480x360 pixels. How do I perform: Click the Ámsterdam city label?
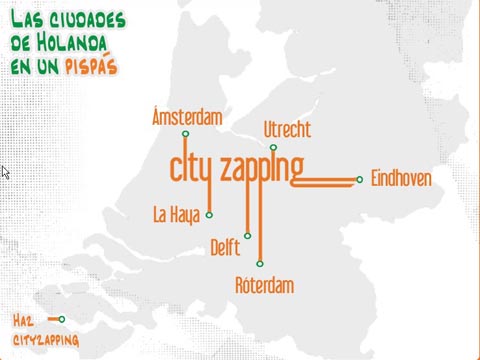click(x=186, y=117)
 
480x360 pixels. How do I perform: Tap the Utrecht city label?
click(x=287, y=130)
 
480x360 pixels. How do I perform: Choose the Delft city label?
click(x=226, y=248)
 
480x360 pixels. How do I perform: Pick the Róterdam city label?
click(x=264, y=286)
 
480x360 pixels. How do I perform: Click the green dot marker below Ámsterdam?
click(x=186, y=134)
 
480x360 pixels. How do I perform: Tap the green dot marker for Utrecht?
click(x=273, y=147)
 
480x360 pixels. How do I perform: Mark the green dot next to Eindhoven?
click(x=359, y=180)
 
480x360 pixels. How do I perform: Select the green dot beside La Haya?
click(x=209, y=214)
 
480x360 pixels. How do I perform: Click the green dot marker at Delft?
click(x=247, y=236)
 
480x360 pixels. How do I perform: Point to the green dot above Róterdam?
click(x=259, y=264)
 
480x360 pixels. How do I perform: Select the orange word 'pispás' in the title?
click(x=91, y=66)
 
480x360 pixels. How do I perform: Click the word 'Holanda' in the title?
click(x=79, y=43)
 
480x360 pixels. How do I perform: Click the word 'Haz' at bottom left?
click(x=24, y=320)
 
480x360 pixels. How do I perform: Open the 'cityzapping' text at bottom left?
click(x=46, y=340)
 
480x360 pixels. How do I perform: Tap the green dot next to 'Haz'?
click(x=62, y=319)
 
